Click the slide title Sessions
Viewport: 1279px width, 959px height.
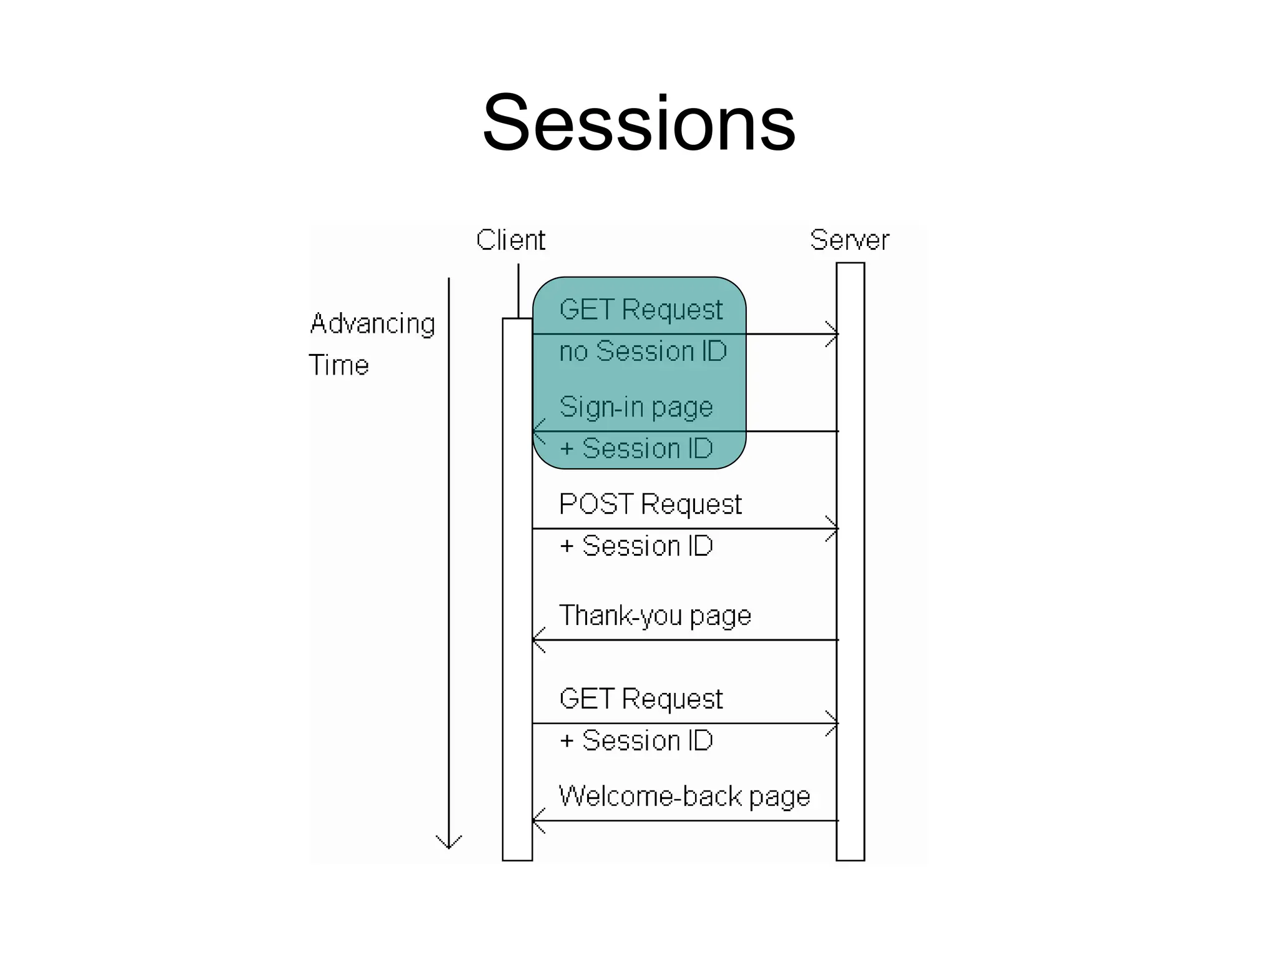click(x=639, y=122)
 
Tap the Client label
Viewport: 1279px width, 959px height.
click(x=510, y=240)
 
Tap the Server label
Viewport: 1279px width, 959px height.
click(x=849, y=240)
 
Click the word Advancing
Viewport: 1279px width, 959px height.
click(x=372, y=324)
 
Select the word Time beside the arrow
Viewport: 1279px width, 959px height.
click(x=338, y=365)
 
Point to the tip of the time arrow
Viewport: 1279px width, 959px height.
click(x=448, y=847)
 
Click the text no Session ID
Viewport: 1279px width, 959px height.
click(x=643, y=352)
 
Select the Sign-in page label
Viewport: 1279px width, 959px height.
click(x=636, y=407)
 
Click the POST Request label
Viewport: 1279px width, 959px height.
click(x=649, y=504)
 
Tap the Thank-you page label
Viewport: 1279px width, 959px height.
click(x=654, y=616)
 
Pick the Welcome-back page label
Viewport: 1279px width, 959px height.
click(x=684, y=797)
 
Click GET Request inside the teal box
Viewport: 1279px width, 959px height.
click(x=641, y=310)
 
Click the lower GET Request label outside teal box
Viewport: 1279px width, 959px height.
click(x=641, y=699)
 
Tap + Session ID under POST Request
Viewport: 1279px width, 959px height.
click(x=636, y=546)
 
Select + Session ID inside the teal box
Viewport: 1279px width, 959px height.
click(x=636, y=449)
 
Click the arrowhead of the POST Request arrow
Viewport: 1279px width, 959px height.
click(x=835, y=529)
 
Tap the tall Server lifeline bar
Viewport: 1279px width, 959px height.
click(x=850, y=593)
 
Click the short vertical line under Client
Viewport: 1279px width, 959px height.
click(x=518, y=291)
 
